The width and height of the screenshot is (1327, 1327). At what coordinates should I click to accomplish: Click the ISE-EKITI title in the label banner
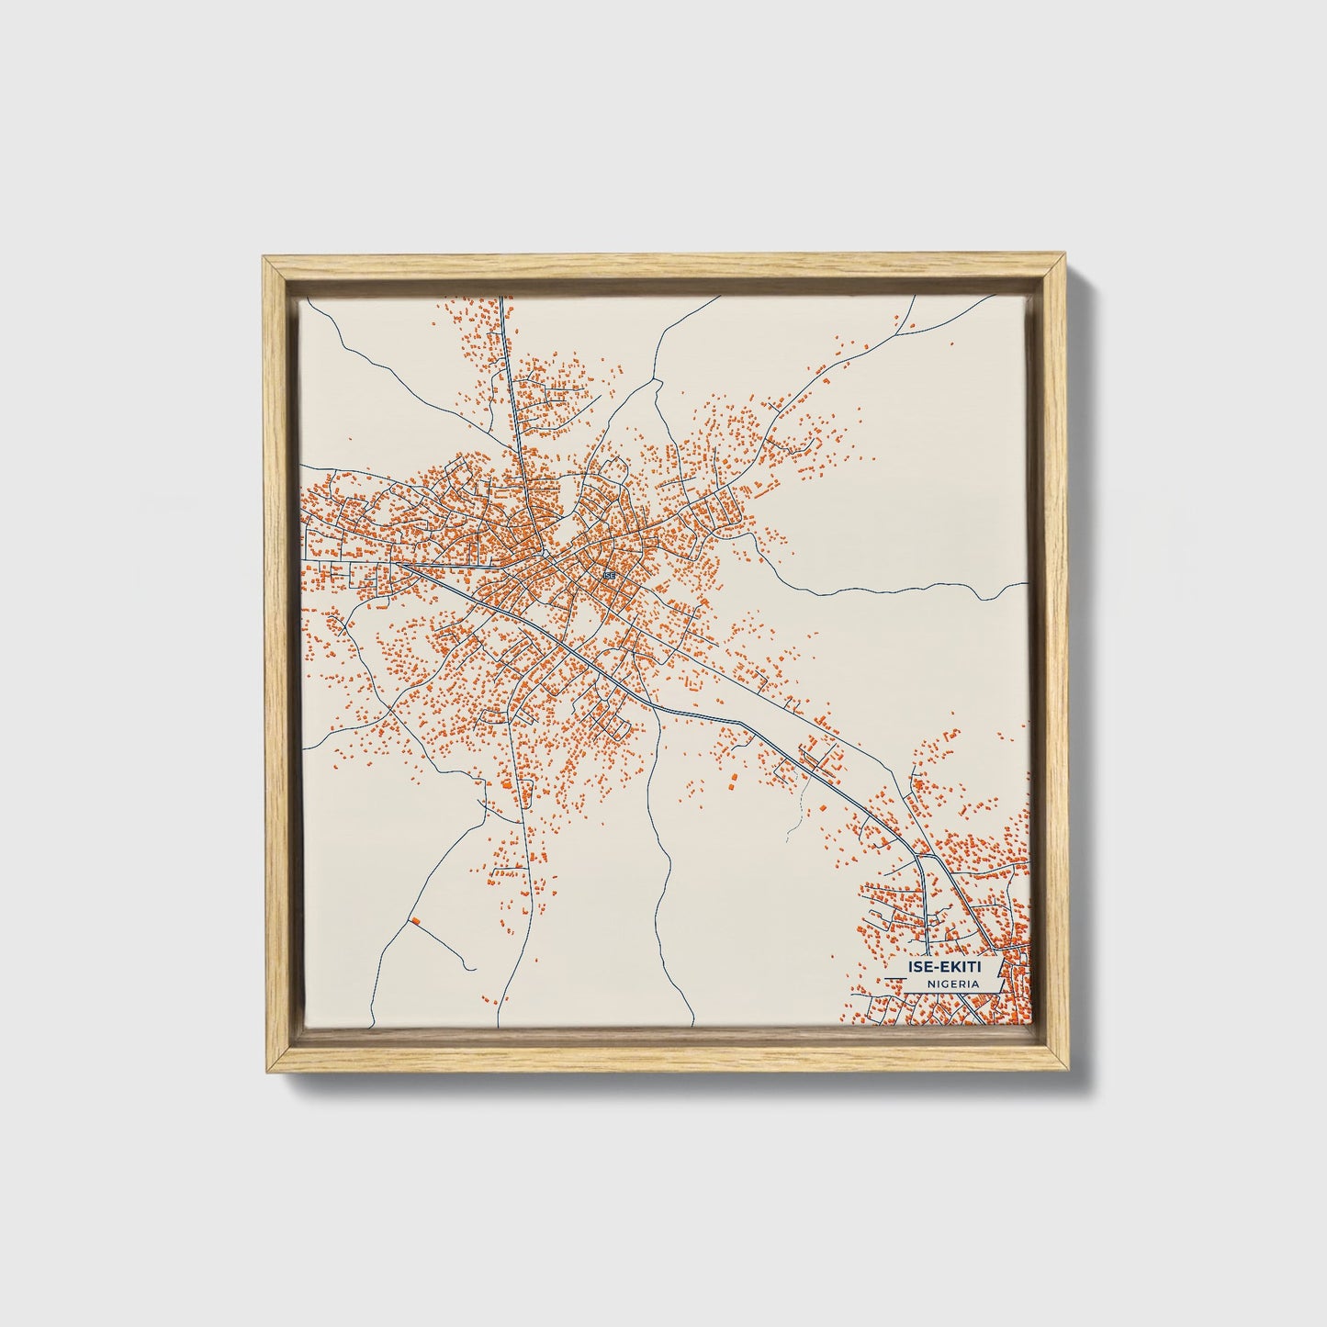point(942,967)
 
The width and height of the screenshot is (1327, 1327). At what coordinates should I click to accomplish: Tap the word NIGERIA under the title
point(951,984)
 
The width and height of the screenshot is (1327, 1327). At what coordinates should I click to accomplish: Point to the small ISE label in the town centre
point(607,576)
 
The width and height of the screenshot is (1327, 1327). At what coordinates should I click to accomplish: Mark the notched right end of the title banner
point(1000,967)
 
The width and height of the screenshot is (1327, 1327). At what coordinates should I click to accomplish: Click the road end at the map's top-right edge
point(916,297)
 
